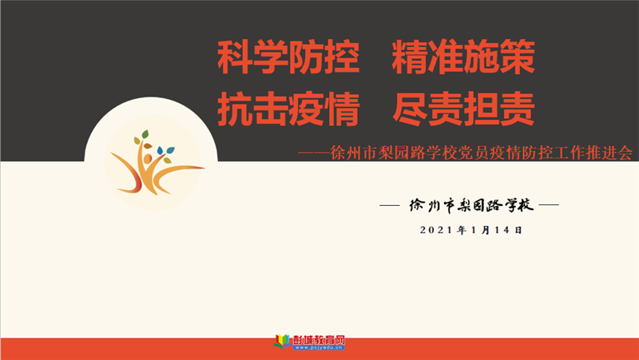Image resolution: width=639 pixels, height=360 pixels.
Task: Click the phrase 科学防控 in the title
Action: tap(288, 57)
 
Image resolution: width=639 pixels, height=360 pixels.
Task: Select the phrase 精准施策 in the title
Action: tap(463, 57)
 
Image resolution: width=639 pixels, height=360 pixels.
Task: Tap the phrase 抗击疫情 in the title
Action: tap(288, 109)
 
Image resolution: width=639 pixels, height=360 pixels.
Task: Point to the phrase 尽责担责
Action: tap(463, 109)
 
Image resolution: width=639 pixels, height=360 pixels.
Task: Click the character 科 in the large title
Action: tap(235, 57)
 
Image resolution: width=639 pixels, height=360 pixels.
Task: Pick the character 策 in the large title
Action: tap(518, 57)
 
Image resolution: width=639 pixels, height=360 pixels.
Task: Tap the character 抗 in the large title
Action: tap(235, 109)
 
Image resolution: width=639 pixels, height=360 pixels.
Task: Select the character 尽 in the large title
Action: tap(410, 109)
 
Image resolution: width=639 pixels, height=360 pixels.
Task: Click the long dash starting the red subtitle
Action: tap(314, 153)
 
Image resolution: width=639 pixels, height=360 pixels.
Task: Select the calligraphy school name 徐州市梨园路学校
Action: tap(471, 205)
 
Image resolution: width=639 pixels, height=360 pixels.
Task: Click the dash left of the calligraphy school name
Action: tap(389, 205)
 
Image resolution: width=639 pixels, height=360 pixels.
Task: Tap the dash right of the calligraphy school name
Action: tap(549, 205)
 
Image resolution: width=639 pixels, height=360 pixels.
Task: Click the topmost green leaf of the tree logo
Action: tap(145, 134)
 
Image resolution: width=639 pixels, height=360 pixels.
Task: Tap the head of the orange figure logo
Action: tap(148, 158)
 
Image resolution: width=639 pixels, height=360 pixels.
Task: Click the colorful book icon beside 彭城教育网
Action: tap(283, 342)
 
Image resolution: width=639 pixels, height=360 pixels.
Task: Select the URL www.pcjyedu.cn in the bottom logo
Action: tap(319, 347)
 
